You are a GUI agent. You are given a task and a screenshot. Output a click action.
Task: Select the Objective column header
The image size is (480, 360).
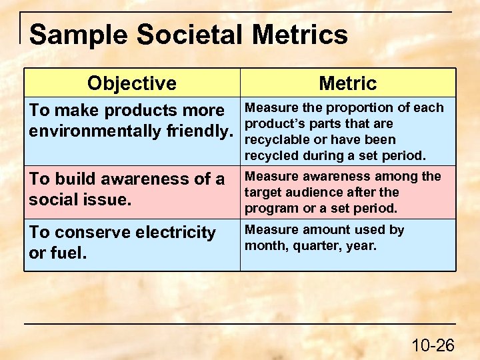[x=132, y=83]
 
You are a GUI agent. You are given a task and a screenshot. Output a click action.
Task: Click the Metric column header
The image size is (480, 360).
[x=347, y=83]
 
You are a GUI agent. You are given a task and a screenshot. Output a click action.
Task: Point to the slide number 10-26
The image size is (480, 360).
[x=433, y=345]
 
